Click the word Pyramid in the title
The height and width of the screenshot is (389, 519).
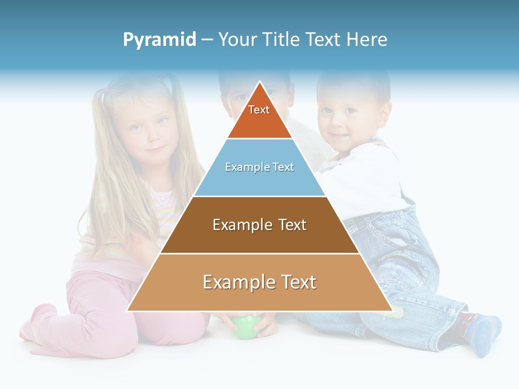[x=159, y=40]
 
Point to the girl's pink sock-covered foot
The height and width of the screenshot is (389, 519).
[x=38, y=321]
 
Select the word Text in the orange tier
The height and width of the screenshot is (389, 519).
[x=259, y=110]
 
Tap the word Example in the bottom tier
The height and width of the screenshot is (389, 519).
[x=234, y=282]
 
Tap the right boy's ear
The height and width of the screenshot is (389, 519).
[x=384, y=113]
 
